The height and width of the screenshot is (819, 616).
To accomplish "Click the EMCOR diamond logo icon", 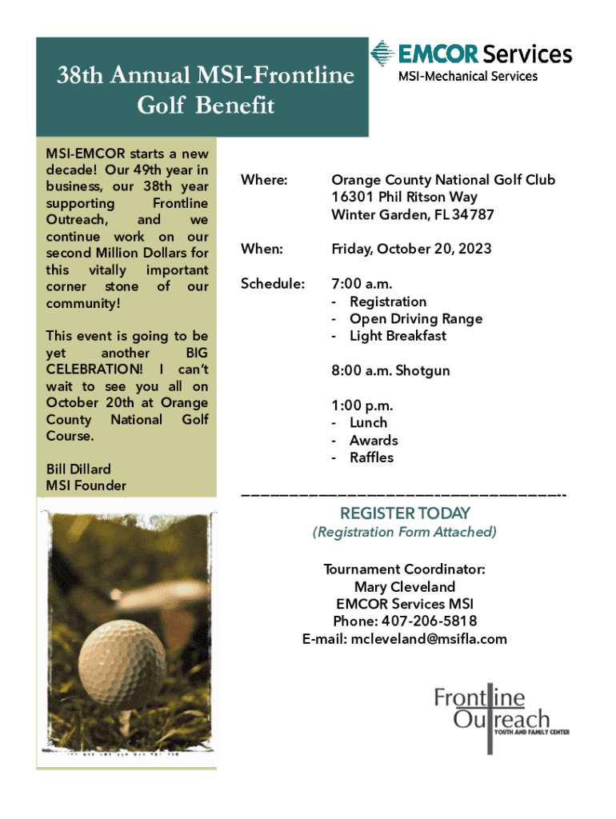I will click(382, 54).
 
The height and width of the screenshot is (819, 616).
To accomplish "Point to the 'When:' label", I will click(262, 250).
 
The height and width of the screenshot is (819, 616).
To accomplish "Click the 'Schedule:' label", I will click(272, 284).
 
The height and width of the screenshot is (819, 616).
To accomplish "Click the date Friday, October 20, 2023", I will click(411, 250).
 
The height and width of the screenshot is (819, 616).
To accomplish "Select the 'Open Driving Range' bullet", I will click(415, 318).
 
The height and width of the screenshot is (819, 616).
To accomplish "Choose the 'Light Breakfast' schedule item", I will click(398, 336).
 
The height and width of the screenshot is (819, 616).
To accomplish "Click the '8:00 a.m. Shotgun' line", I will click(390, 371).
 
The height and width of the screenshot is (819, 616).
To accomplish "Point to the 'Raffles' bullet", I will click(371, 457).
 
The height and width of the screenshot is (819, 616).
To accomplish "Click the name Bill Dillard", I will click(78, 469).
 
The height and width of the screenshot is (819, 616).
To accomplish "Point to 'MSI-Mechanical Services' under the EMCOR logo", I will click(468, 77).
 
